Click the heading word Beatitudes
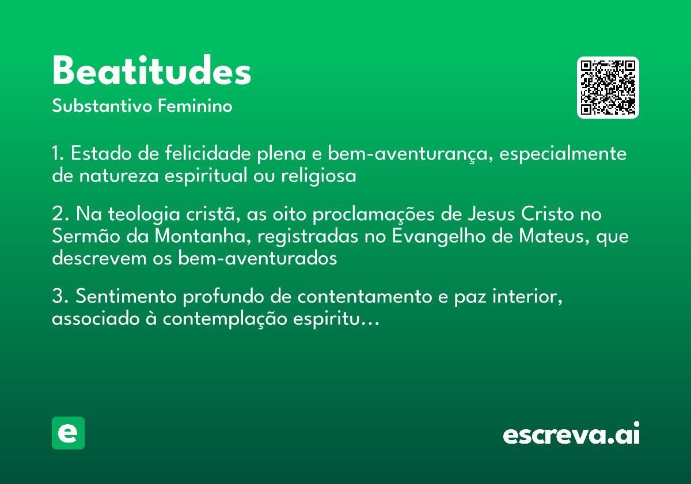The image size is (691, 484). click(151, 72)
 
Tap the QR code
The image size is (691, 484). click(608, 88)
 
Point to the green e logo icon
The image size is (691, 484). click(68, 433)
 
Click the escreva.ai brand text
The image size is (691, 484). click(571, 434)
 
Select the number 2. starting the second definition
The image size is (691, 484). click(60, 214)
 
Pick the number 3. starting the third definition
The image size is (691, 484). click(60, 297)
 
